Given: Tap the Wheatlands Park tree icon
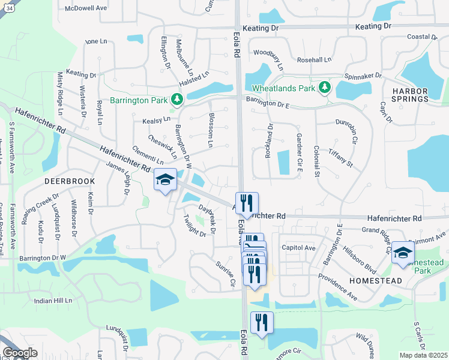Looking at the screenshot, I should point(325,88).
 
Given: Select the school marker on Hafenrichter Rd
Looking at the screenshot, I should point(165,180).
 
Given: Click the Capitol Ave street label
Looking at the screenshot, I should point(298,248).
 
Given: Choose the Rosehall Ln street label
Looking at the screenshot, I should point(315,60).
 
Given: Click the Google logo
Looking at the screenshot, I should point(20,353).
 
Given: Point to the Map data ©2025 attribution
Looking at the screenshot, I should point(423,355).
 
